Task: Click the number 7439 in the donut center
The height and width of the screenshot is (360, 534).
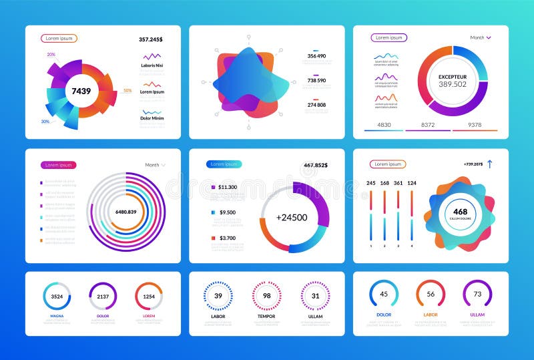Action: (81, 91)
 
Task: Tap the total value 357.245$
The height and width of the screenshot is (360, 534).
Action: (151, 39)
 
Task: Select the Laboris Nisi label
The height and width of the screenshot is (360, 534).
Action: (153, 65)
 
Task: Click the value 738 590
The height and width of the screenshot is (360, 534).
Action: (316, 80)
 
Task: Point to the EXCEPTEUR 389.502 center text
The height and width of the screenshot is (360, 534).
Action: (453, 81)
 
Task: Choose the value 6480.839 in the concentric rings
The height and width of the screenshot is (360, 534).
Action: (126, 211)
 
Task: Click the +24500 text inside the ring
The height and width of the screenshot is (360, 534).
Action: (292, 217)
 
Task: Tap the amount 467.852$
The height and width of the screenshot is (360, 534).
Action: (317, 164)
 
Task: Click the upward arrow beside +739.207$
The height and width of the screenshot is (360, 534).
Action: (489, 164)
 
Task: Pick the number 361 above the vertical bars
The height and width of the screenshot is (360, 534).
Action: (398, 183)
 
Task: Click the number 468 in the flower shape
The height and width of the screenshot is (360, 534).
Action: (461, 212)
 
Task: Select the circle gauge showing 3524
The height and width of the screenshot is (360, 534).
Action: (57, 297)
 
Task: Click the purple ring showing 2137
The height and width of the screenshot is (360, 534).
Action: (103, 297)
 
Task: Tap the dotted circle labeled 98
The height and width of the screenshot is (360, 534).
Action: (266, 296)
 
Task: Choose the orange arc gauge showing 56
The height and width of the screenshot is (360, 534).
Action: (431, 294)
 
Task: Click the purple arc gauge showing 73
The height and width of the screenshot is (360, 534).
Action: (477, 294)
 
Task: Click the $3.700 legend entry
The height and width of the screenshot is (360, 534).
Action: (226, 238)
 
